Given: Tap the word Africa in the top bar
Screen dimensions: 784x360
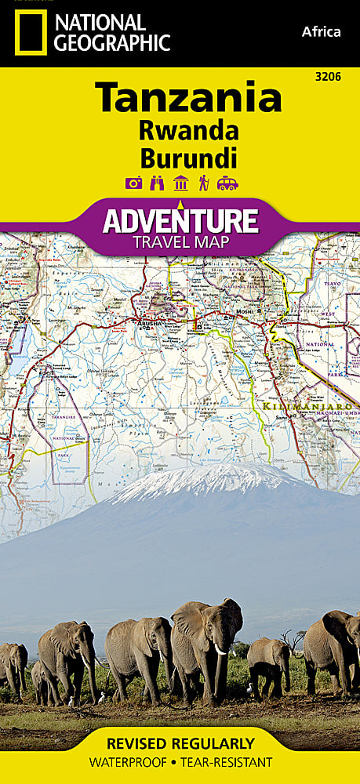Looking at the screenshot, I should pyautogui.click(x=321, y=31).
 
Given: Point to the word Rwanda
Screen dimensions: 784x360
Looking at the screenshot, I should pyautogui.click(x=188, y=130).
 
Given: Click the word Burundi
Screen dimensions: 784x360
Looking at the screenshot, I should pyautogui.click(x=188, y=158).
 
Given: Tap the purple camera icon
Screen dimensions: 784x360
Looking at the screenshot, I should pyautogui.click(x=134, y=183).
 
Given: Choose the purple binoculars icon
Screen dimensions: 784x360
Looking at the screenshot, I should pyautogui.click(x=157, y=183).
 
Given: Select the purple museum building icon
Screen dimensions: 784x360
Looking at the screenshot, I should pyautogui.click(x=181, y=183).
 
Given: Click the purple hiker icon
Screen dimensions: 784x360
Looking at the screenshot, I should pyautogui.click(x=204, y=183).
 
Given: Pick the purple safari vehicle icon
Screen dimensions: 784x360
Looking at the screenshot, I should pyautogui.click(x=227, y=183).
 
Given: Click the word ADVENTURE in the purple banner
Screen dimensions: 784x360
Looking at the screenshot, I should pyautogui.click(x=180, y=220).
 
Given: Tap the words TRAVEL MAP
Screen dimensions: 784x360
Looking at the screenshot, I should pyautogui.click(x=180, y=242).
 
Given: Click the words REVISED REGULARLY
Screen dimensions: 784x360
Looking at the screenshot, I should pyautogui.click(x=180, y=743).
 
